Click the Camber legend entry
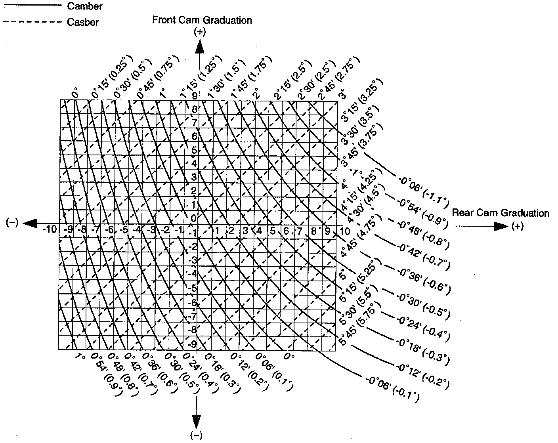[84, 6]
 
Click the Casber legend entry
[83, 22]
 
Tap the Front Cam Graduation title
[202, 20]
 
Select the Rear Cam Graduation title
[501, 213]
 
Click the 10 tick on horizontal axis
[344, 230]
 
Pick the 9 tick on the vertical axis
[195, 95]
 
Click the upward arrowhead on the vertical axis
[199, 47]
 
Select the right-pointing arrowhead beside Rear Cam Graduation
[501, 226]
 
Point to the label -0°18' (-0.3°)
[424, 349]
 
